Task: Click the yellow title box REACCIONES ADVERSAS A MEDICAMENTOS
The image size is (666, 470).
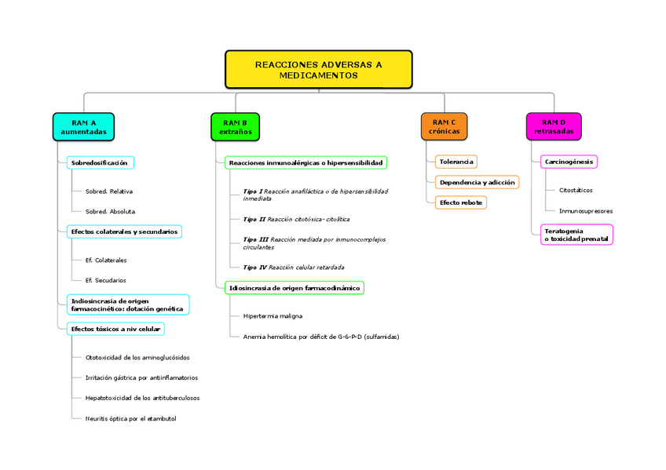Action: (318, 70)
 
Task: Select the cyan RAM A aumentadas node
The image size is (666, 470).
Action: (83, 127)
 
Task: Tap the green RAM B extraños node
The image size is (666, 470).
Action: (235, 127)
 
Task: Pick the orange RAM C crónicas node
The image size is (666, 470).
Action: (444, 127)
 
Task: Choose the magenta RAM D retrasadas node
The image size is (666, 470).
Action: (554, 127)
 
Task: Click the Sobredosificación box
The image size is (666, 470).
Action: (100, 162)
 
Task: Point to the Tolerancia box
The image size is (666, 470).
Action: (456, 162)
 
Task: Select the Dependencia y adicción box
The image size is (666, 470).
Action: (477, 182)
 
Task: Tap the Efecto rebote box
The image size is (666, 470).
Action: (461, 202)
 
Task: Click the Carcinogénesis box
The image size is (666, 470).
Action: (569, 162)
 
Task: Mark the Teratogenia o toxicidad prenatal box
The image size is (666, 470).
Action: (576, 235)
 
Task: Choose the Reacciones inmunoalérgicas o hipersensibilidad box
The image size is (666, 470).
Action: (305, 162)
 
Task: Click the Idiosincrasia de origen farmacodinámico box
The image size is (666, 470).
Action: (294, 288)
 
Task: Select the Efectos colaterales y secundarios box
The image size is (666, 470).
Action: (124, 231)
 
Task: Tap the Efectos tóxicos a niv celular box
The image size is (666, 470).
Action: (115, 329)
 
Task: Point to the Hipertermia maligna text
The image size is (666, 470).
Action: (273, 315)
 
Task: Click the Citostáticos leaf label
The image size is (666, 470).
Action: (576, 190)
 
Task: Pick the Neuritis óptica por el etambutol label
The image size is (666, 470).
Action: (130, 418)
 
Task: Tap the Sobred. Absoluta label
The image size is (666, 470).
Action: (110, 211)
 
